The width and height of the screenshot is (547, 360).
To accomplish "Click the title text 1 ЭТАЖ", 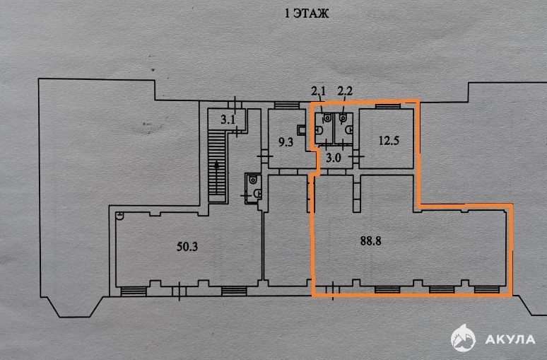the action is click(307, 13).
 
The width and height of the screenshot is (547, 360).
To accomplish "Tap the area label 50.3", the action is click(187, 247).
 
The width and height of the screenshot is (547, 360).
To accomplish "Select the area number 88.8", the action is click(371, 241).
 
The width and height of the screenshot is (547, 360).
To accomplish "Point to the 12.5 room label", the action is click(389, 141).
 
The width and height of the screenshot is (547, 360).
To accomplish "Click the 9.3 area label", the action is click(286, 142).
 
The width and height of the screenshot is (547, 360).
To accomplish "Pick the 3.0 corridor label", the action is click(333, 158).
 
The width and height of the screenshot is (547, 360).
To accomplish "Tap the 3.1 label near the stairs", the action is click(228, 120).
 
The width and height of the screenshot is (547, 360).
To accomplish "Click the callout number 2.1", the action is click(318, 91).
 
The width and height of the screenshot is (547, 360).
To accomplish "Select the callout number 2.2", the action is click(345, 91).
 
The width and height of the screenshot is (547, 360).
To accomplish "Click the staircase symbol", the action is click(217, 166).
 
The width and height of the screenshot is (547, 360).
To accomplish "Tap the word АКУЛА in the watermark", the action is click(510, 339).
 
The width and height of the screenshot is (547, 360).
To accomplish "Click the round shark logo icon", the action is click(463, 337).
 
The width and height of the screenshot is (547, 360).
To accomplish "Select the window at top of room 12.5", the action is click(387, 106).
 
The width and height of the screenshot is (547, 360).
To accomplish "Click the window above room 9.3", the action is click(287, 105).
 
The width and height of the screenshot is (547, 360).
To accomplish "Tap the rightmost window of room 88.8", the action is click(487, 289).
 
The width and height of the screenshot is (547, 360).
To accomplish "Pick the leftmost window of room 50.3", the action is click(134, 291).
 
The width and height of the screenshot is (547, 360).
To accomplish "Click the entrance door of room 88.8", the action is click(332, 290).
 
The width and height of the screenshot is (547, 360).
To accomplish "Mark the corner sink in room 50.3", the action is click(119, 216).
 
